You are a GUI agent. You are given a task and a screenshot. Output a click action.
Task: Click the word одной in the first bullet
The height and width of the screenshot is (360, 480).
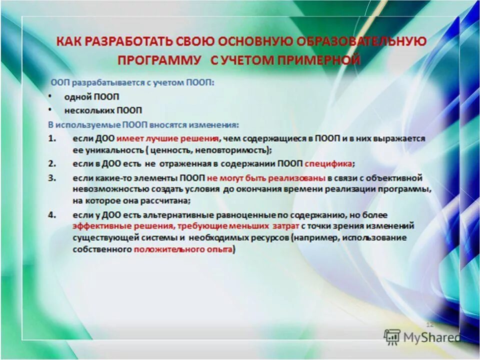tap(75, 96)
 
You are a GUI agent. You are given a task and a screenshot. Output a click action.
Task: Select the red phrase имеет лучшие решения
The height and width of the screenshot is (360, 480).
tap(168, 138)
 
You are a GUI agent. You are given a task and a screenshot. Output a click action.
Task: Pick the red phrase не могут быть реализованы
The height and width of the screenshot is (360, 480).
tap(266, 178)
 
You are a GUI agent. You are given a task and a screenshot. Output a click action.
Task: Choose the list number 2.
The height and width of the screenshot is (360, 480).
tap(51, 163)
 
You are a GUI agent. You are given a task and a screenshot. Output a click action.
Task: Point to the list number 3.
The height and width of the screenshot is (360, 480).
tap(51, 178)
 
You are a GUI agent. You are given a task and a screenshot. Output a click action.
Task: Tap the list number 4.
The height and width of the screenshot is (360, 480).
tap(51, 215)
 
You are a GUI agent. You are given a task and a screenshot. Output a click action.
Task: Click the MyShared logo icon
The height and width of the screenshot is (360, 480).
tap(392, 336)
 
